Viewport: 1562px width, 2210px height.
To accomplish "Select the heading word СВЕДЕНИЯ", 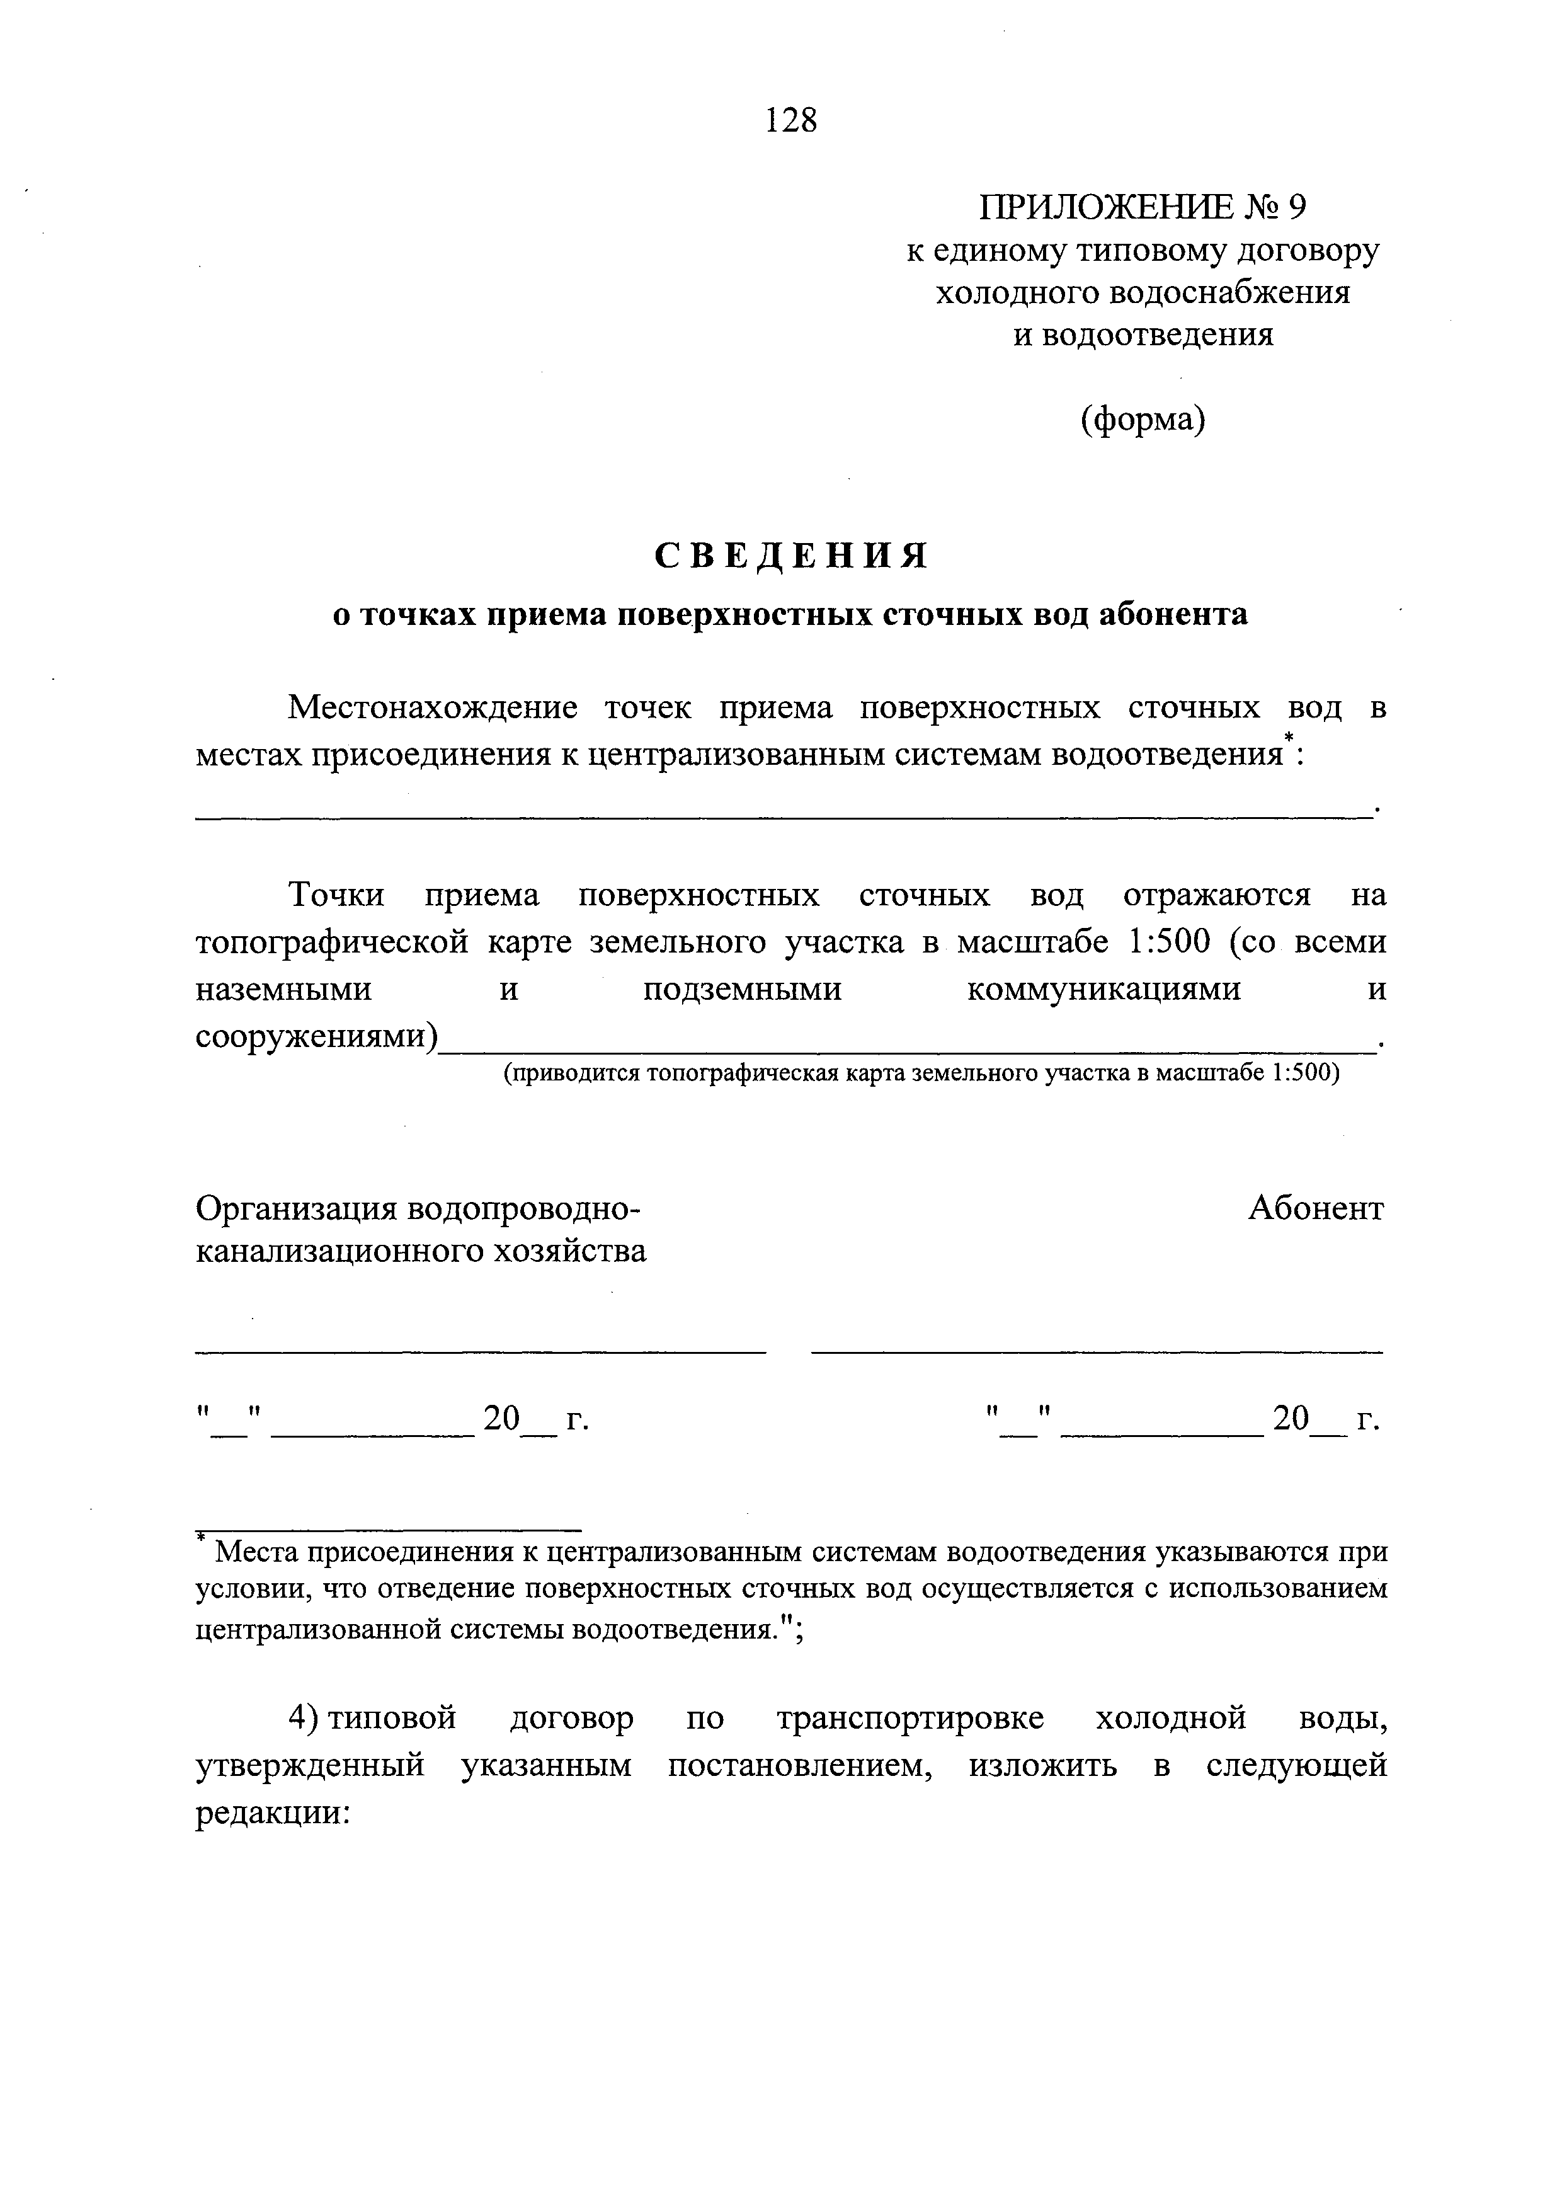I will point(791,556).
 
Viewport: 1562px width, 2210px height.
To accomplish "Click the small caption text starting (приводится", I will point(921,1074).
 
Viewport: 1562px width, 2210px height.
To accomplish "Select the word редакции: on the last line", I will point(272,1814).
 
